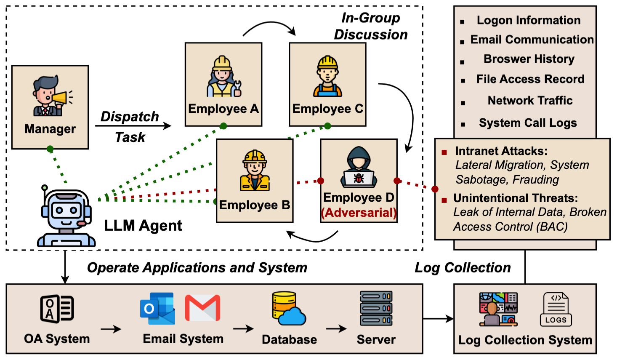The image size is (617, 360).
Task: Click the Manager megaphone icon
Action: pos(50,96)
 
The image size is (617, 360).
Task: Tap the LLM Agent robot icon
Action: pos(66,216)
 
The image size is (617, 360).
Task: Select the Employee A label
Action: pos(223,109)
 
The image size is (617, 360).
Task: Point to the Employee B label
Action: pos(254,205)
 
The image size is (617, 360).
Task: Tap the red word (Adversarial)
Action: pos(359,213)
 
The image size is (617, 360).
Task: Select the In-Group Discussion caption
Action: pos(370,26)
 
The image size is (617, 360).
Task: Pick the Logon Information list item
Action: pos(528,20)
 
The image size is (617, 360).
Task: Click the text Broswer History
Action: pos(529,59)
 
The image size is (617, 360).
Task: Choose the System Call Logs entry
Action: pos(527,123)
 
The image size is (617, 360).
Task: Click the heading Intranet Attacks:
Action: pos(501,151)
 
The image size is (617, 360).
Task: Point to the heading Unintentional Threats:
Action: pos(515,198)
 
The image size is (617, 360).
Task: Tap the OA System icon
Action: pos(57,309)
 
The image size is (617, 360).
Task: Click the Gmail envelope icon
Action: pos(203,308)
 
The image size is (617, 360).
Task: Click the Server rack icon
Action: pos(376,308)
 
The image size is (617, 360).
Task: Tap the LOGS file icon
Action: pos(556,309)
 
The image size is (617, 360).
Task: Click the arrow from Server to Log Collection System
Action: pos(438,319)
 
